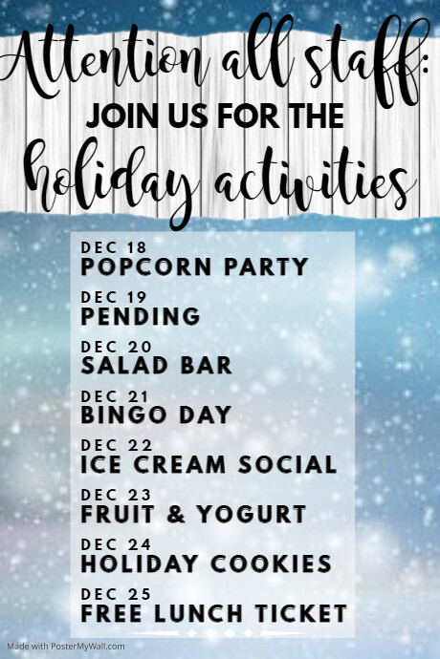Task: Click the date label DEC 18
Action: click(116, 247)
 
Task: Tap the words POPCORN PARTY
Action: click(195, 266)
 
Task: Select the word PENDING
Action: click(141, 316)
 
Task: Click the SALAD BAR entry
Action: click(157, 366)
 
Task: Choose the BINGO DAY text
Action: click(157, 415)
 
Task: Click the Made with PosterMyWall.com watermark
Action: click(63, 647)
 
